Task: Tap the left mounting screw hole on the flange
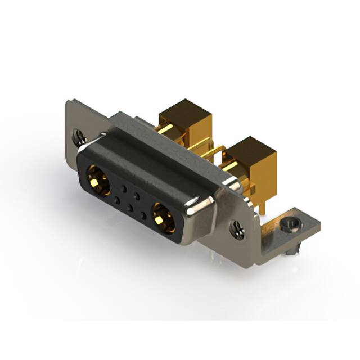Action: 79,135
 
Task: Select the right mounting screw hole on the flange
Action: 237,228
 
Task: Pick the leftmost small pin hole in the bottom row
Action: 116,199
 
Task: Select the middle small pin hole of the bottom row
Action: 130,208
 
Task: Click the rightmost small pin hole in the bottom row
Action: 143,216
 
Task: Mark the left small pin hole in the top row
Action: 122,188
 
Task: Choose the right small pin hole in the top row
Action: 136,197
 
